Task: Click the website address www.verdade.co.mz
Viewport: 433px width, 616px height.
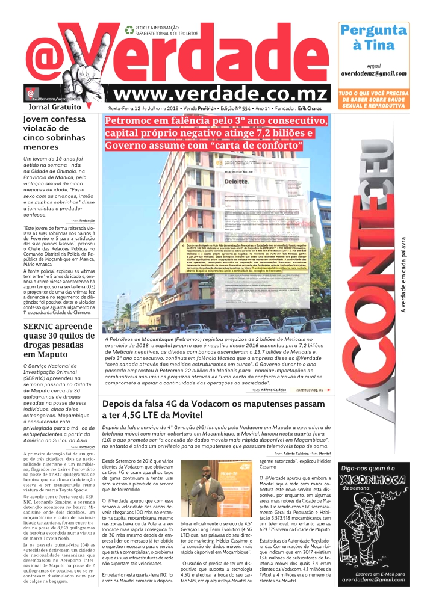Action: click(221, 94)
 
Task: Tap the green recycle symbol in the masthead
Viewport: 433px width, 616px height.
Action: click(129, 29)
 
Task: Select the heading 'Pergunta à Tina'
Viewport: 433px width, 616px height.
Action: click(373, 37)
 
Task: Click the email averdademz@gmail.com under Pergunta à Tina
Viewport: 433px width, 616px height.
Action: click(373, 73)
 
